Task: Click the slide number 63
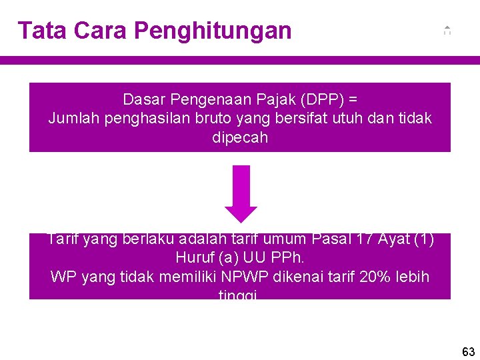[x=468, y=351]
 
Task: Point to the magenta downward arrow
[x=241, y=193]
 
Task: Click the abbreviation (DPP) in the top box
[x=323, y=100]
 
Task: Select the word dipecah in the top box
[x=240, y=138]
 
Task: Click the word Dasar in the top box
[x=143, y=100]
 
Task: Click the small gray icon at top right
[x=447, y=30]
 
